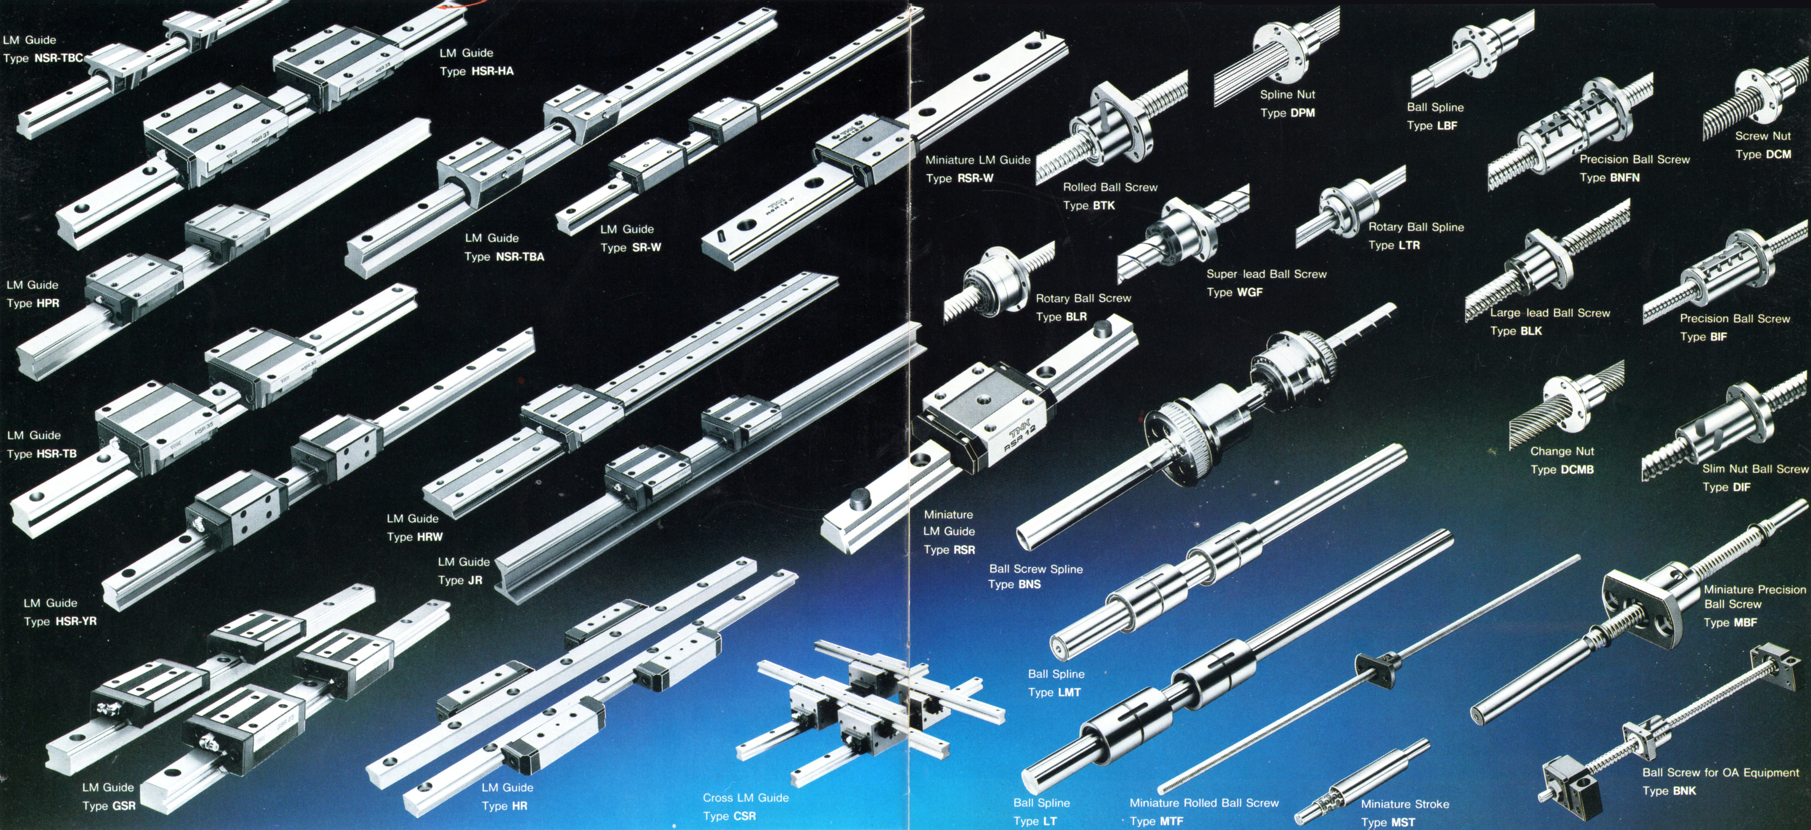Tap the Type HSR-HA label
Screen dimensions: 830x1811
click(477, 71)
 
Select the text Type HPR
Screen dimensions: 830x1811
click(33, 303)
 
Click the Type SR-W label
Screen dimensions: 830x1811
click(631, 247)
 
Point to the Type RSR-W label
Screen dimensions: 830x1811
click(959, 179)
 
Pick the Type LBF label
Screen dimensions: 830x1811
click(1432, 126)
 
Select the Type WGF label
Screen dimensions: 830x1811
click(1235, 292)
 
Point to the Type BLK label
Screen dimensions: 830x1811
click(1516, 331)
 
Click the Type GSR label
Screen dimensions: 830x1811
click(109, 805)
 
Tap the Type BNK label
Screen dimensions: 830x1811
click(1669, 791)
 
